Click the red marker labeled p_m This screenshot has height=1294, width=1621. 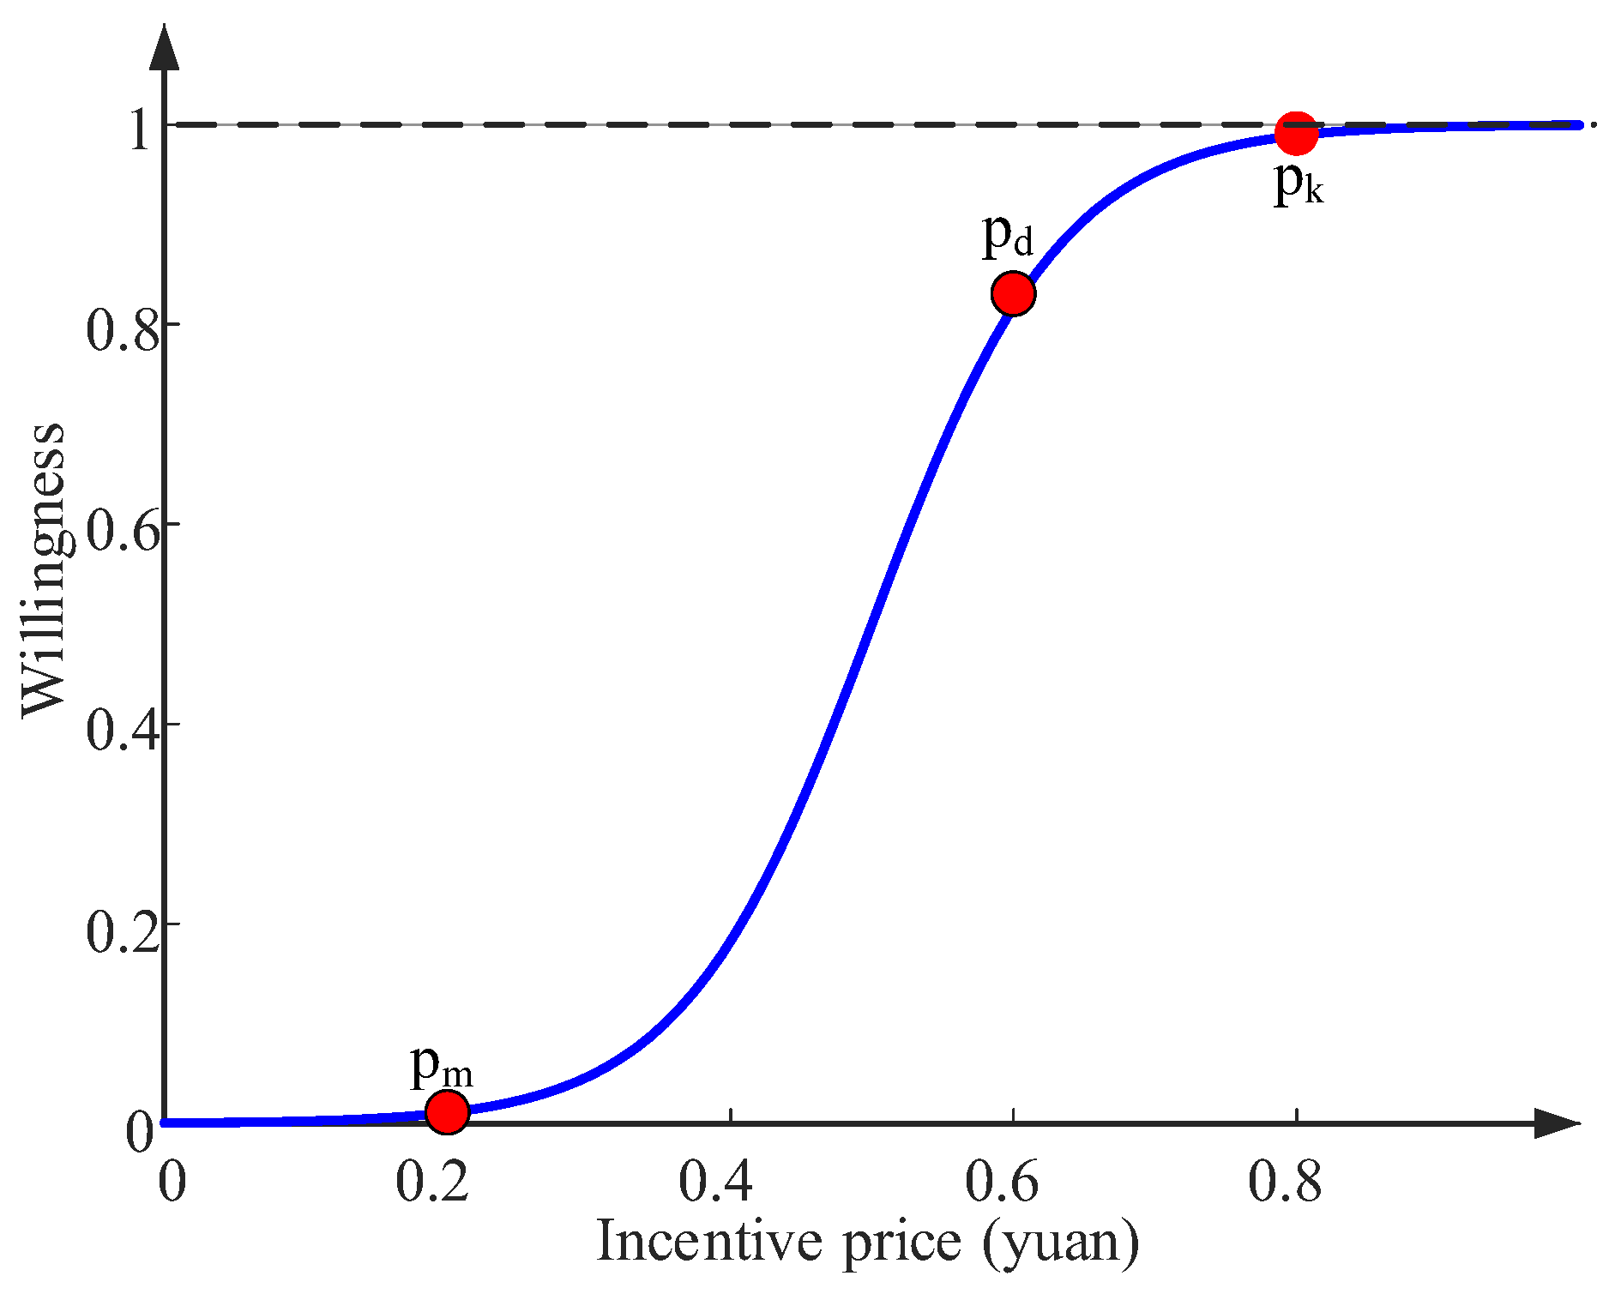coord(447,1111)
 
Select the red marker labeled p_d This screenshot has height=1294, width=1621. coord(1013,293)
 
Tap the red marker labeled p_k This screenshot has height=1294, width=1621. coord(1295,133)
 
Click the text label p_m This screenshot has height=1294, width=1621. coord(441,1066)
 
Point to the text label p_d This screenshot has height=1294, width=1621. coord(1007,234)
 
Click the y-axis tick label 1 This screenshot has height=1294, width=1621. coord(140,130)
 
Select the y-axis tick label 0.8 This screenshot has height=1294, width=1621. coord(124,330)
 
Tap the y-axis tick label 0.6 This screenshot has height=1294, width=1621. coord(124,531)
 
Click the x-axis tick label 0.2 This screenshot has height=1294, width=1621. coord(432,1181)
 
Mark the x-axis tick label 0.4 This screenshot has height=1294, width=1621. coord(715,1181)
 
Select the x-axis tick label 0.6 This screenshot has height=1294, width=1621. coord(1002,1181)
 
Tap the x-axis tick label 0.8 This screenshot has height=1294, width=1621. coord(1284,1181)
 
